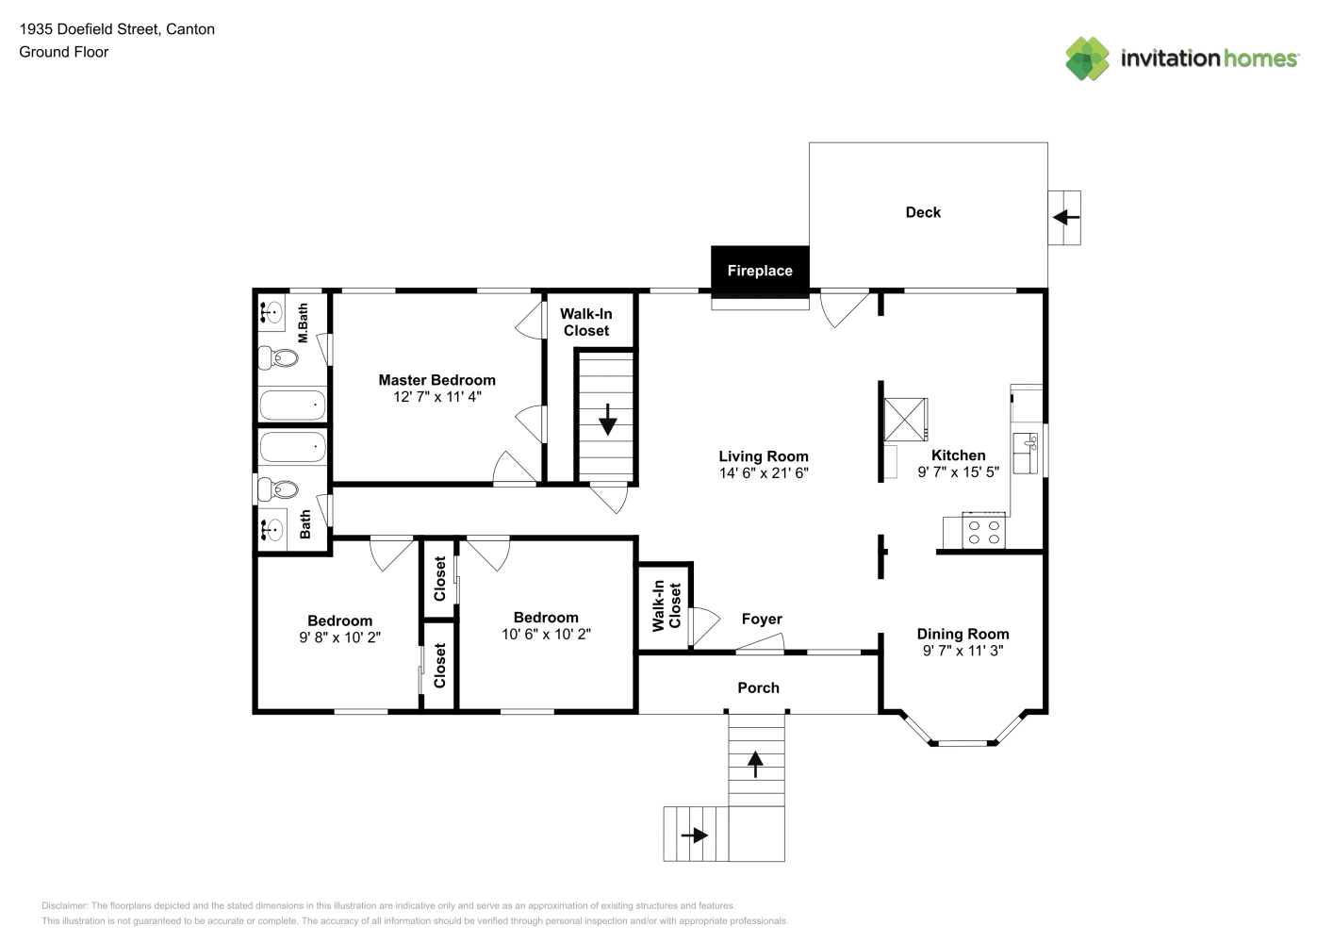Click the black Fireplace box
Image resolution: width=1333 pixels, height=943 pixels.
point(760,271)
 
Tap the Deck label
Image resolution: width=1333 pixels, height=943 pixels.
point(923,212)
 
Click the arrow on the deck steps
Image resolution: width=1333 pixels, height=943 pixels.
point(1066,217)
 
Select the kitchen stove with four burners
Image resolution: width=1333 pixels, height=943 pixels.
point(983,531)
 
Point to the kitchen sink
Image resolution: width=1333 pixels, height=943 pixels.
point(1026,453)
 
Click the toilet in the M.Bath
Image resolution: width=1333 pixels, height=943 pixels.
point(278,357)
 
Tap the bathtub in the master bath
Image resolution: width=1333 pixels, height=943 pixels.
point(292,405)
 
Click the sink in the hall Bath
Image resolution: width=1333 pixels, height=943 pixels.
point(272,529)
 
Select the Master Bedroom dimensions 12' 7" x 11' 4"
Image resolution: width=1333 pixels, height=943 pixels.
point(437,397)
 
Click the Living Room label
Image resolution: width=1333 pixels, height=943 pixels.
point(764,456)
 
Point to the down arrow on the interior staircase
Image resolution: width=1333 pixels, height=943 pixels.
point(608,420)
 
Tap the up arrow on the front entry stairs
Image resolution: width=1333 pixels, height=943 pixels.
point(755,765)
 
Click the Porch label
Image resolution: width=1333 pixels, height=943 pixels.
point(758,687)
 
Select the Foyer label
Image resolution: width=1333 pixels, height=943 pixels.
point(762,620)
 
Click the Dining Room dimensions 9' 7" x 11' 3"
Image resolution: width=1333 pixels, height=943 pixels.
point(963,651)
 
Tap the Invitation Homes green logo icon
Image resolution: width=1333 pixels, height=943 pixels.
point(1087,58)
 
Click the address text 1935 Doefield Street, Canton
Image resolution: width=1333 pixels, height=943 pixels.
point(117,29)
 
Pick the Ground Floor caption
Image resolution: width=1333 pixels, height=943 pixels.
point(64,52)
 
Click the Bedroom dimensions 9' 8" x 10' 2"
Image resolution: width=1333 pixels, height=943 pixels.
point(339,637)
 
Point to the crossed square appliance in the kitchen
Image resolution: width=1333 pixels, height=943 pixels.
point(905,419)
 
